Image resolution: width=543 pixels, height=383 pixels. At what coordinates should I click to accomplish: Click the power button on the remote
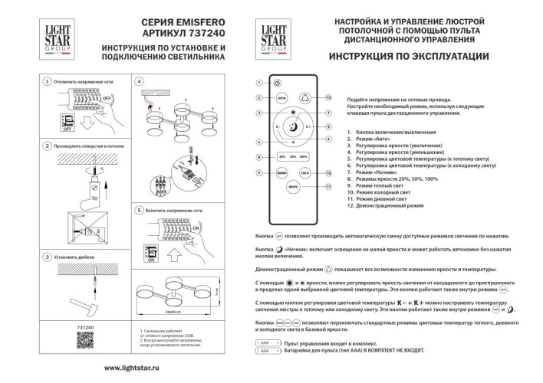(x=278, y=82)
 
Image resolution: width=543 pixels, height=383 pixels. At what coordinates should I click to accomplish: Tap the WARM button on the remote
(x=281, y=174)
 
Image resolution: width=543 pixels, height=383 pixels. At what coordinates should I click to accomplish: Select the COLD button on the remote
(x=304, y=174)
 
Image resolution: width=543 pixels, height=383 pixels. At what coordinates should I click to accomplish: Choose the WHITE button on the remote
(x=293, y=186)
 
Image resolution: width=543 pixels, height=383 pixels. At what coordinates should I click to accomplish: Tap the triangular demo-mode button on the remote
(x=304, y=98)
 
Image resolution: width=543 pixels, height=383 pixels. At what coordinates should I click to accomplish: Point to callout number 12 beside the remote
(x=327, y=98)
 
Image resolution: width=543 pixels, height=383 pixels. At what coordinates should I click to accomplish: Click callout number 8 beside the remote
(x=259, y=157)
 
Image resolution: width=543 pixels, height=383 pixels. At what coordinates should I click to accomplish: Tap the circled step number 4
(x=139, y=80)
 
